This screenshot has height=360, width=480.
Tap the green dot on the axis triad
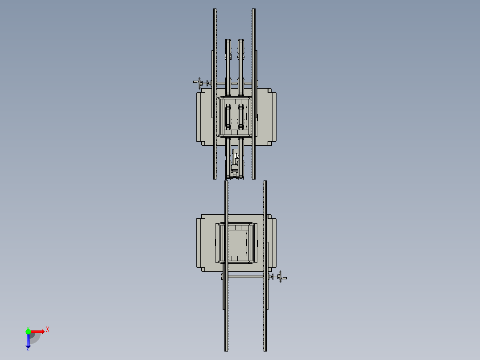[x=28, y=331]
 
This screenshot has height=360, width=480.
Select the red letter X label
[x=48, y=330]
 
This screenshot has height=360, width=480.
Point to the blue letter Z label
[x=28, y=349]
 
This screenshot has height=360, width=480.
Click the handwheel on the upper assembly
[x=200, y=83]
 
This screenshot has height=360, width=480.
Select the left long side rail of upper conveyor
[x=215, y=94]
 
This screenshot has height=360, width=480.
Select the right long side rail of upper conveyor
[x=253, y=94]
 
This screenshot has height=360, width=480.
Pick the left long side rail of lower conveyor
[x=226, y=266]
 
